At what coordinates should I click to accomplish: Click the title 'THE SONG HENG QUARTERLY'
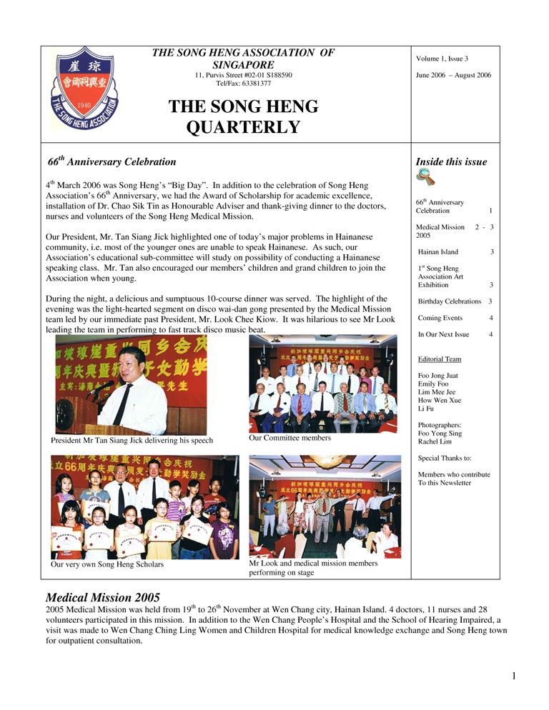tap(243, 117)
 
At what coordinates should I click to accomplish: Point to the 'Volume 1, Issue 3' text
tap(442, 59)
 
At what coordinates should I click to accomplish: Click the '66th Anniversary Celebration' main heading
tap(112, 162)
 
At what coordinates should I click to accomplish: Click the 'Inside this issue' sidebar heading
tap(451, 162)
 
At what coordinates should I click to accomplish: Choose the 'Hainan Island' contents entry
tap(439, 252)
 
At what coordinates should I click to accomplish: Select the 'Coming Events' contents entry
tap(440, 318)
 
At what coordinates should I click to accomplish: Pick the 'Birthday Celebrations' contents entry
tap(450, 301)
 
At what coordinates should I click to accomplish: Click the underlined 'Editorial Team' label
tap(439, 359)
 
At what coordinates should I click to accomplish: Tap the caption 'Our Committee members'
tap(290, 438)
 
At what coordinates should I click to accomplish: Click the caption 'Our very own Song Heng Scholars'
tap(107, 564)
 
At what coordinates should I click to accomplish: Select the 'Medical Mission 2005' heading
tap(103, 597)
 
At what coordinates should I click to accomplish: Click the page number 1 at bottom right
tap(514, 676)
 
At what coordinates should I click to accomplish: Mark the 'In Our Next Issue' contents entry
tap(443, 334)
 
